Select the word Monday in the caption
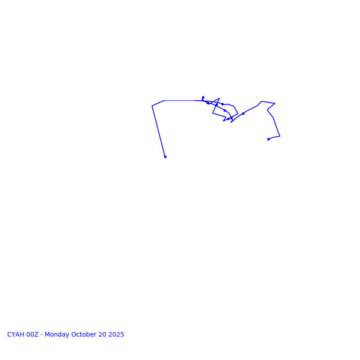(x=57, y=335)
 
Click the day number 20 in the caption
(x=103, y=335)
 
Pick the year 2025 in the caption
(x=116, y=335)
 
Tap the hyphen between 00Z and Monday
(x=42, y=335)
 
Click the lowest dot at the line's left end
(x=165, y=157)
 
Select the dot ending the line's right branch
(x=268, y=139)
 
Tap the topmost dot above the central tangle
(x=203, y=97)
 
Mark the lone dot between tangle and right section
(x=243, y=113)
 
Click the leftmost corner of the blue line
(x=152, y=106)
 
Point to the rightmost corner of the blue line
(x=280, y=136)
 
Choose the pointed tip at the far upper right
(x=275, y=103)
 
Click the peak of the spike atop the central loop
(x=220, y=98)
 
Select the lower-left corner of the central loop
(x=213, y=113)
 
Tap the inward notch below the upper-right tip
(x=267, y=110)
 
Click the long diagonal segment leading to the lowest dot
(x=158, y=131)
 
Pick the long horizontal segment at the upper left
(x=180, y=100)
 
